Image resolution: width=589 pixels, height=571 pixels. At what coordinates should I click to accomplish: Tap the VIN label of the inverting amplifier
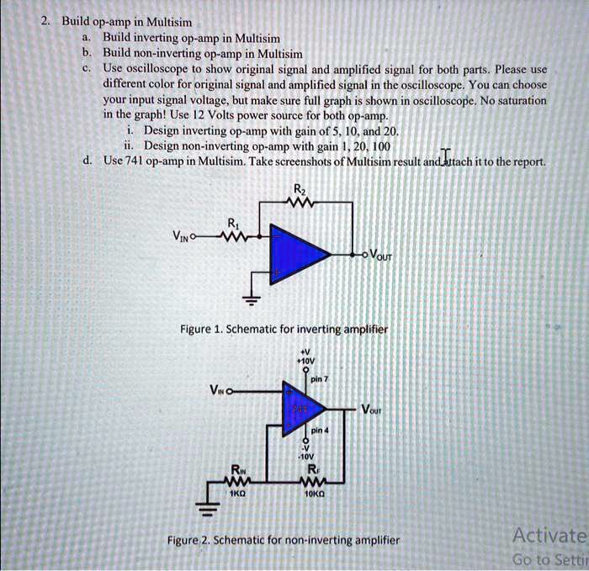pos(179,238)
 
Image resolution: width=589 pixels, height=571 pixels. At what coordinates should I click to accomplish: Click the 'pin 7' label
pos(319,380)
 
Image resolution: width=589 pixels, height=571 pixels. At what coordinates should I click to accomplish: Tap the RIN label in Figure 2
pos(240,469)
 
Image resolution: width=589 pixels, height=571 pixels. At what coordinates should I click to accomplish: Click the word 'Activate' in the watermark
pos(549,536)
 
